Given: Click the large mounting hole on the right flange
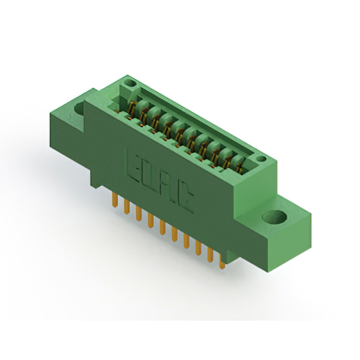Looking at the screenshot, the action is click(x=275, y=217).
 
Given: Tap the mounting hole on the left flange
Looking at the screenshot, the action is click(x=79, y=109).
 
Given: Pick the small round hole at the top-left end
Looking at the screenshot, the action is click(x=130, y=83).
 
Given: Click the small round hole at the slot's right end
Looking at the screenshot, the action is click(x=261, y=159).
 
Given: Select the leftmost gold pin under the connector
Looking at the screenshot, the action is click(x=115, y=200).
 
